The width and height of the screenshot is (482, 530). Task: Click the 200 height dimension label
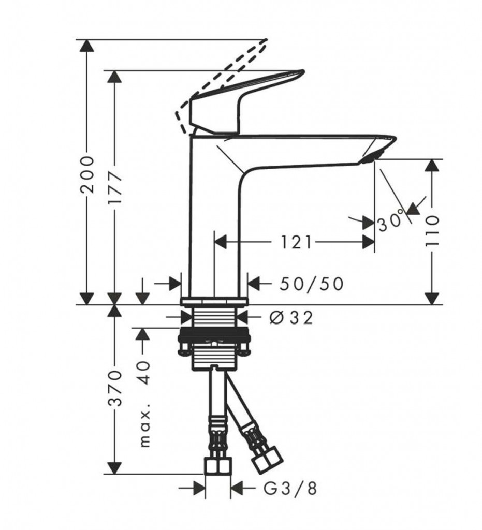(87, 174)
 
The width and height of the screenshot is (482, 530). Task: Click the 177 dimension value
(115, 187)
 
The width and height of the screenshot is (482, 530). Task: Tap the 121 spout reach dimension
(296, 242)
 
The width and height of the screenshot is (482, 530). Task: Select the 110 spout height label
(432, 230)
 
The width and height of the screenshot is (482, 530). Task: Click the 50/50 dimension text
(311, 284)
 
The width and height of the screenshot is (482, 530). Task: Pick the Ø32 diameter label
(291, 317)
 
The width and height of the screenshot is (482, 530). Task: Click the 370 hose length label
(115, 388)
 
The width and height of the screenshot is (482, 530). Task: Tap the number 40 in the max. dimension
(144, 373)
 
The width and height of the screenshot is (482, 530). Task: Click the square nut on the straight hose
(218, 466)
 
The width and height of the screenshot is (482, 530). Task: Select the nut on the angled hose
(267, 460)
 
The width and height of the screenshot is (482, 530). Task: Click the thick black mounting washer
(214, 333)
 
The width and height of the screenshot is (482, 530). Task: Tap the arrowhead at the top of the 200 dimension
(87, 46)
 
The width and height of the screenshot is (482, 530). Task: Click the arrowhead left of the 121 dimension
(221, 242)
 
